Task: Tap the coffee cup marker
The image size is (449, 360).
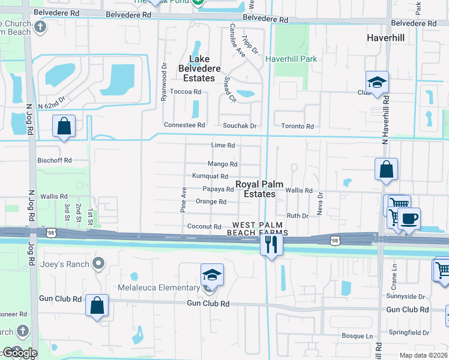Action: pos(409,219)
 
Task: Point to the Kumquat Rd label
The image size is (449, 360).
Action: pos(210,176)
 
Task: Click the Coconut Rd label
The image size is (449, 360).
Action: pos(205,227)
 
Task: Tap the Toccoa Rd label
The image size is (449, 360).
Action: pos(185,92)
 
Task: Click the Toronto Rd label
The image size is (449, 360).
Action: pos(298,126)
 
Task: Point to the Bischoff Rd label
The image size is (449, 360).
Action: pos(55,161)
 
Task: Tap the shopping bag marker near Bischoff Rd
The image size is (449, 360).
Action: pos(64,127)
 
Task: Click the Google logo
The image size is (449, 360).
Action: pos(19,353)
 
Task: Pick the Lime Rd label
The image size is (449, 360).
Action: pos(223,146)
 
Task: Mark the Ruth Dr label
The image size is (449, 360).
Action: pos(297,215)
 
